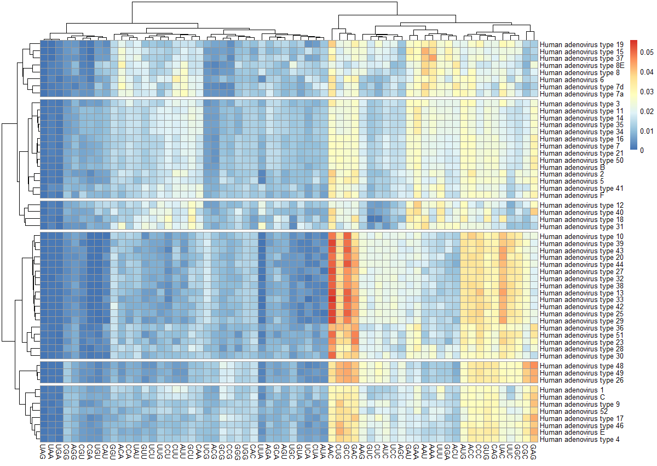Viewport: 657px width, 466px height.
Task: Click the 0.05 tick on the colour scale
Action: (x=647, y=53)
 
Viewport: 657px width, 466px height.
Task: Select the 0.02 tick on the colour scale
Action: (x=647, y=111)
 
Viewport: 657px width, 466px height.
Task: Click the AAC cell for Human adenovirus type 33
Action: (x=332, y=300)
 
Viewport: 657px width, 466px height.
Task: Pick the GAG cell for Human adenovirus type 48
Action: (x=534, y=366)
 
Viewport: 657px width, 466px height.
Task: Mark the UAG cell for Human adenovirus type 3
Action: (x=43, y=104)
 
